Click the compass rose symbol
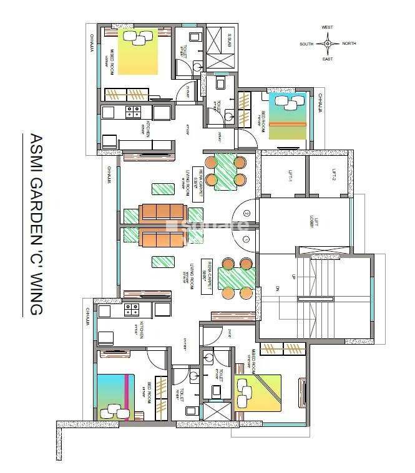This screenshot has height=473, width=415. (327, 44)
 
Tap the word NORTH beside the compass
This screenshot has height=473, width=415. (349, 44)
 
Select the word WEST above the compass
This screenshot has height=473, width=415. (327, 27)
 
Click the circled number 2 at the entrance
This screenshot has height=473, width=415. (247, 213)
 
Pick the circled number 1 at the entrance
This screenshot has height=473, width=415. (247, 239)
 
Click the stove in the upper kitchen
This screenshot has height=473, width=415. (133, 112)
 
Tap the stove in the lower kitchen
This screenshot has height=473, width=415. (132, 309)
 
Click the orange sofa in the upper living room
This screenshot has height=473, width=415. (164, 213)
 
